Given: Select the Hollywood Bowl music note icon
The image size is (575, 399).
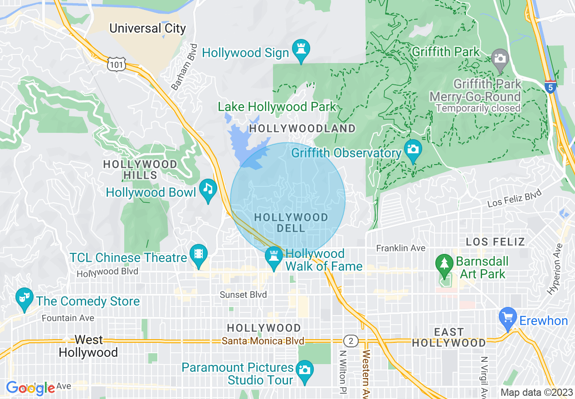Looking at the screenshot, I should point(208,190).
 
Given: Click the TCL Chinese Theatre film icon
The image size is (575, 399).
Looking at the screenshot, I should point(198,255).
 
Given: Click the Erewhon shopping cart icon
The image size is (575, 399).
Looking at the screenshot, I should point(507,317).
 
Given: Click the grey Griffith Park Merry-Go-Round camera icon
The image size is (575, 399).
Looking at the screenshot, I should point(500,59).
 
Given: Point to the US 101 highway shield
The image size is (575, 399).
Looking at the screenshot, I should point(116,64).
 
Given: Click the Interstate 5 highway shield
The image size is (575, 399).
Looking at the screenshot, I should point(550,87).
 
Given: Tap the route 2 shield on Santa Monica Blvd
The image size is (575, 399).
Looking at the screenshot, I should point(351,341).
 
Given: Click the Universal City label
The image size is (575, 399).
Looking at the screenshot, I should point(148,28).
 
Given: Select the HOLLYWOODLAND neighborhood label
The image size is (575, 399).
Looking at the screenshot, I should point(302,128).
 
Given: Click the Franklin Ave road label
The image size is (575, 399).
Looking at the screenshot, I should point(401,248).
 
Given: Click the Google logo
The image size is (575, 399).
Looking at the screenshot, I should point(30,388).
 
